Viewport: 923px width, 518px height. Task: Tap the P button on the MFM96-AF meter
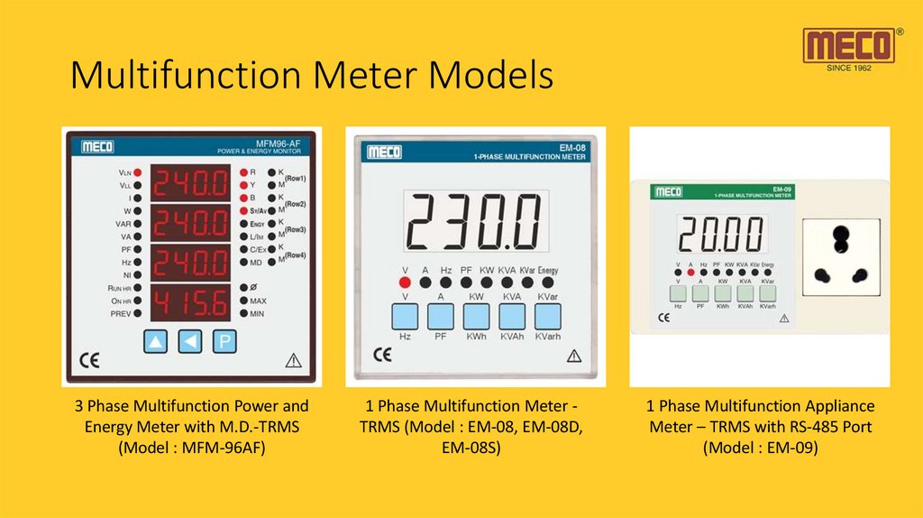(x=224, y=341)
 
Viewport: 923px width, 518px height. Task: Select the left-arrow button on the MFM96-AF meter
(x=190, y=341)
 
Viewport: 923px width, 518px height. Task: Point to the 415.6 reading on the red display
(x=190, y=302)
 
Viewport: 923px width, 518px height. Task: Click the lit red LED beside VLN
(x=138, y=171)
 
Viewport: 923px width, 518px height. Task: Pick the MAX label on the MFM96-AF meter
(x=258, y=301)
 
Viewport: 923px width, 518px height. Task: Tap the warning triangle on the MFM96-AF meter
(x=293, y=361)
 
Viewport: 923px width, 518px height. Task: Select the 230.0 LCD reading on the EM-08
(x=474, y=222)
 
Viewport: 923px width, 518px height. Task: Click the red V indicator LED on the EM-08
(x=405, y=282)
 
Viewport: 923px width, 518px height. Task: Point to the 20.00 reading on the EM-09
(x=721, y=236)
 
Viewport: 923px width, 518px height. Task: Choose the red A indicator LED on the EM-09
(x=690, y=271)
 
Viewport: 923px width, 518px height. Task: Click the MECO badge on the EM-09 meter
(x=668, y=192)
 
